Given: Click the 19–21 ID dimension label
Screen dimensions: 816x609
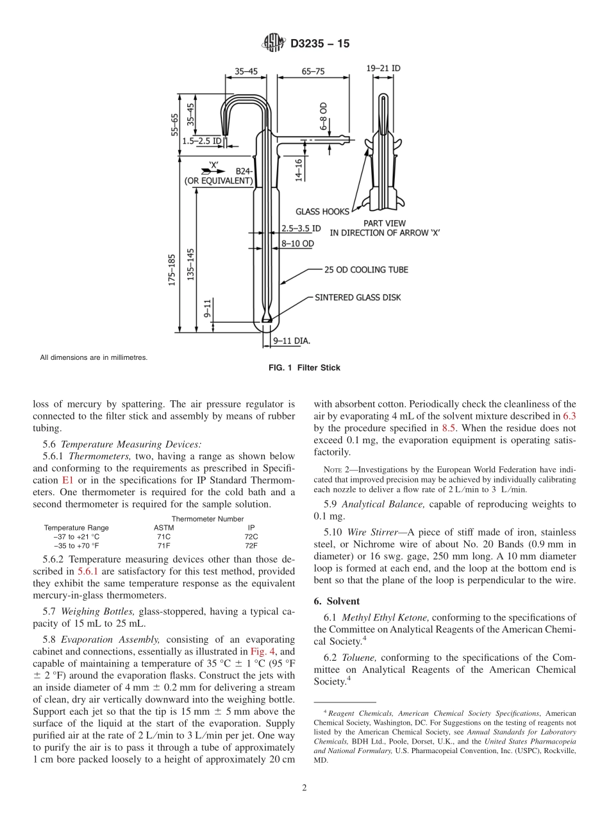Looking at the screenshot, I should [384, 68].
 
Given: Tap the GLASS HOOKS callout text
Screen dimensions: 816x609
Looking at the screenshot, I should [322, 211].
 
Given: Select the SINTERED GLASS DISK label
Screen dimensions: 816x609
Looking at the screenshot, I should [358, 298].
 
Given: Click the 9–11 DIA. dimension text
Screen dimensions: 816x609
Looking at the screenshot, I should [292, 342].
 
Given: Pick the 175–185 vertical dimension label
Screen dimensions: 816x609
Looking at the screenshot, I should [172, 271].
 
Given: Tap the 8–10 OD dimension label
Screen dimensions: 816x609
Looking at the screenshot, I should [298, 244].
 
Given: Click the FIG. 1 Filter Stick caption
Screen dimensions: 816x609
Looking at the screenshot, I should [304, 368].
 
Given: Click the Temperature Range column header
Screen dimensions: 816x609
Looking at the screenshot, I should [76, 527].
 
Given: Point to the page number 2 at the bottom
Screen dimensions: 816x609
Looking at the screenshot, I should [304, 788].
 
